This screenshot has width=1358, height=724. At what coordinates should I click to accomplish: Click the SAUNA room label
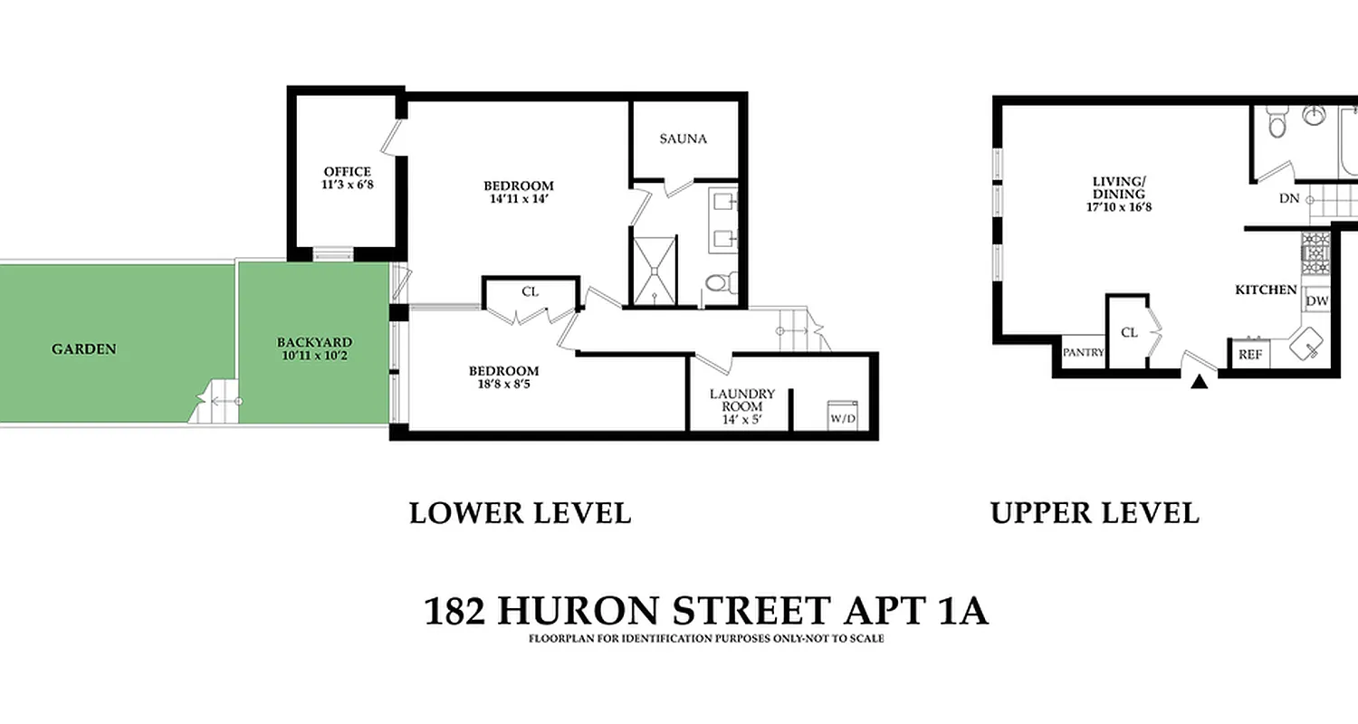(683, 138)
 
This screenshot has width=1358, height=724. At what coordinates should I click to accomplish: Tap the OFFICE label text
(348, 171)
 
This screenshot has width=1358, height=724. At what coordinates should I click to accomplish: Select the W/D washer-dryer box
(841, 417)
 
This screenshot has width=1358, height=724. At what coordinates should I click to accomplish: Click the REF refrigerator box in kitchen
(1250, 355)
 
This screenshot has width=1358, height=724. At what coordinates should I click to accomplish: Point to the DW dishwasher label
(1317, 301)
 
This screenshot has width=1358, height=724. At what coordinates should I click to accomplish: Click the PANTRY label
(1084, 352)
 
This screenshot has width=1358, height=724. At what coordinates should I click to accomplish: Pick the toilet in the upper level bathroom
(1277, 122)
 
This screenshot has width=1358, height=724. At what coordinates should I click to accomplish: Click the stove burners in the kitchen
(1315, 253)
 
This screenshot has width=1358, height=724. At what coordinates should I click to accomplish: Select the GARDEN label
(84, 348)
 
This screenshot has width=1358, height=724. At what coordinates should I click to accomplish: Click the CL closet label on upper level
(1129, 332)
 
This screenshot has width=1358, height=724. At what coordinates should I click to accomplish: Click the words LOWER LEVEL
(520, 513)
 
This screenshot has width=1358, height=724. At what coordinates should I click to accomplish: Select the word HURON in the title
(581, 611)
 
